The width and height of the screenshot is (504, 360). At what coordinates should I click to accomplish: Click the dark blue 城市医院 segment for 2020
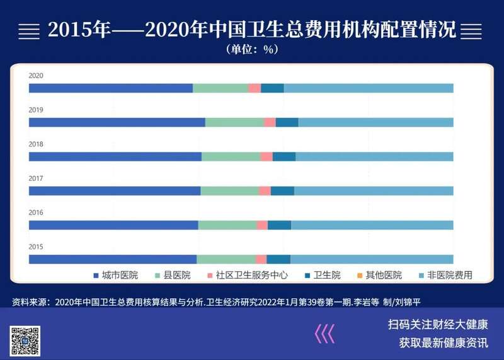(x=111, y=88)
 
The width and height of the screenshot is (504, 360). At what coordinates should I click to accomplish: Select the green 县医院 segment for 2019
(x=234, y=122)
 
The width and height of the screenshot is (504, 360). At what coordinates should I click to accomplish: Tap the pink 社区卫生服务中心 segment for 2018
(x=266, y=156)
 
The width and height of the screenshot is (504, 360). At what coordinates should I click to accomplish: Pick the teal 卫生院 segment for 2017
(x=282, y=191)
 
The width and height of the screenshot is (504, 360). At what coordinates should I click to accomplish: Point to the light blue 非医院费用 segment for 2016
(x=372, y=225)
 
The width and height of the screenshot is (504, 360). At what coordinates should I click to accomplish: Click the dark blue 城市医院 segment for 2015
(x=113, y=259)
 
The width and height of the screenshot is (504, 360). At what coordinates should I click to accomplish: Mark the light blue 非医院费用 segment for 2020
(x=369, y=88)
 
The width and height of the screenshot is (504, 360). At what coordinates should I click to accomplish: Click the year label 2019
(x=36, y=110)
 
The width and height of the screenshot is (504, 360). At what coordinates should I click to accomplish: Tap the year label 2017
(x=36, y=178)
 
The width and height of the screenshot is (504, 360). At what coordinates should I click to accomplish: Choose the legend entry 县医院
(x=173, y=275)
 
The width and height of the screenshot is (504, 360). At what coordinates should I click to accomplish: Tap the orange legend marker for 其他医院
(x=360, y=276)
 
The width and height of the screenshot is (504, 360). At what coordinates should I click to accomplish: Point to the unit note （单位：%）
(x=252, y=49)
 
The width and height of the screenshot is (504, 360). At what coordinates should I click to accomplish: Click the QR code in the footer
(x=25, y=341)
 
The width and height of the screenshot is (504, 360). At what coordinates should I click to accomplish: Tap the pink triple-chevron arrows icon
(x=324, y=334)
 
